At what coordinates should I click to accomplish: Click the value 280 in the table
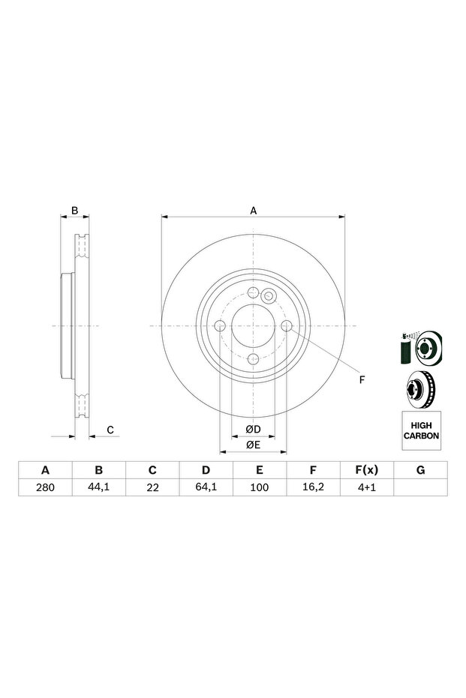coord(45,487)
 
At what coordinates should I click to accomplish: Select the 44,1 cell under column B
coord(98,487)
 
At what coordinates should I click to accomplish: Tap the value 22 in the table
coord(152,487)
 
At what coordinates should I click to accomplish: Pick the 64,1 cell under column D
coord(206,487)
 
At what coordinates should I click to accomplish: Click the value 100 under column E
coord(259,487)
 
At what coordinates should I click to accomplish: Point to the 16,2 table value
coord(313,487)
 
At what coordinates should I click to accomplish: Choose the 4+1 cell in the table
coord(366,487)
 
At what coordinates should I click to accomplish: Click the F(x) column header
coord(366,470)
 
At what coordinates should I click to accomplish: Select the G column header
coord(420,470)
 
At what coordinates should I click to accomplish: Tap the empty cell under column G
coord(420,487)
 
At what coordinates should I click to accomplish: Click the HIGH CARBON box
coord(421,430)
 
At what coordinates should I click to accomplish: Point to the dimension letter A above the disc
coord(254,211)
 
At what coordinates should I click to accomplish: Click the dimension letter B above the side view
coord(74,211)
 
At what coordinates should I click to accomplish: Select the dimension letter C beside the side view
coord(110,430)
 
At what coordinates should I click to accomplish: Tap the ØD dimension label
coord(252,430)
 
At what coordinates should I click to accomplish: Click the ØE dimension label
coord(252,446)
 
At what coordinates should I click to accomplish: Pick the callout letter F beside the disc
coord(361,380)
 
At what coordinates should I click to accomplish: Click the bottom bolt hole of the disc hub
coord(254,358)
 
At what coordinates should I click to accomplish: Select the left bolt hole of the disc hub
coord(220,325)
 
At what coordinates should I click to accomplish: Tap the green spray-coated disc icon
coord(421,348)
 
